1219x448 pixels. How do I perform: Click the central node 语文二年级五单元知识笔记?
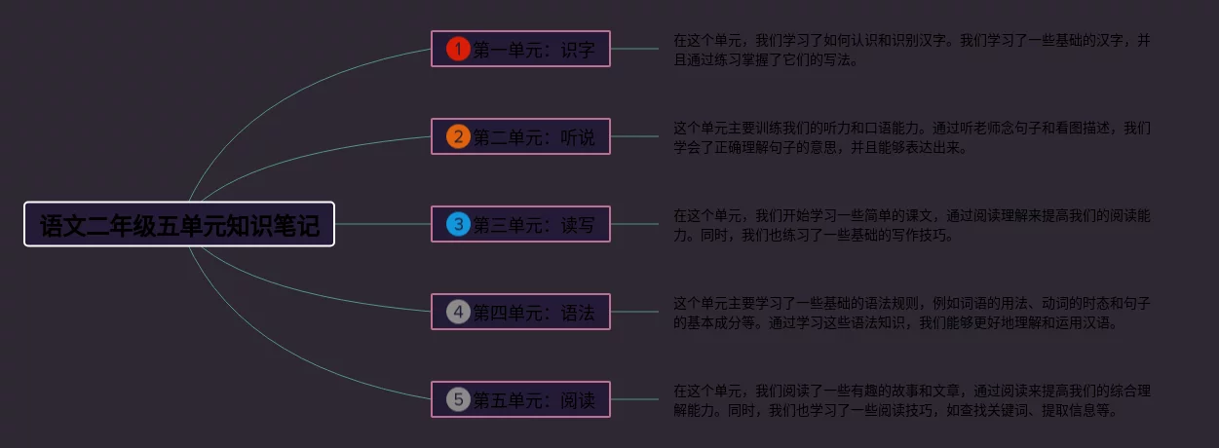pos(179,225)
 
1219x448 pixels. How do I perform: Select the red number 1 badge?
pos(458,49)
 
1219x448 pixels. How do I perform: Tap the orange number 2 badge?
pos(458,136)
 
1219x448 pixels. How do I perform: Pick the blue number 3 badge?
pos(458,224)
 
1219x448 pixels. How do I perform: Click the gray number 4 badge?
pos(458,312)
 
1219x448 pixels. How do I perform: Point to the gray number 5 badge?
pos(458,399)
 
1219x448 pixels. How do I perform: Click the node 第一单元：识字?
pos(533,49)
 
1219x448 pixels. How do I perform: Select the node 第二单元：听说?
pos(533,137)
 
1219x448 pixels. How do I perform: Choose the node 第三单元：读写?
pos(533,225)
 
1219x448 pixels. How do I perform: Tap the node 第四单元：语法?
pos(533,313)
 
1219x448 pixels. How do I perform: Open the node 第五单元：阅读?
pos(533,400)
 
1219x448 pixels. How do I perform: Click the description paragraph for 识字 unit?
pos(911,50)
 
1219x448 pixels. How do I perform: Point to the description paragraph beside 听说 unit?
pos(911,137)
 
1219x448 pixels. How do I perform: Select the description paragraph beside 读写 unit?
pos(911,225)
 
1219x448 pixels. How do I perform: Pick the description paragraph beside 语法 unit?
pos(911,313)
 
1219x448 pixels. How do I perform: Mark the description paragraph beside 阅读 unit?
pos(911,400)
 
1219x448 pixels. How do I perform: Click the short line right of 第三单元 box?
pos(634,225)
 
